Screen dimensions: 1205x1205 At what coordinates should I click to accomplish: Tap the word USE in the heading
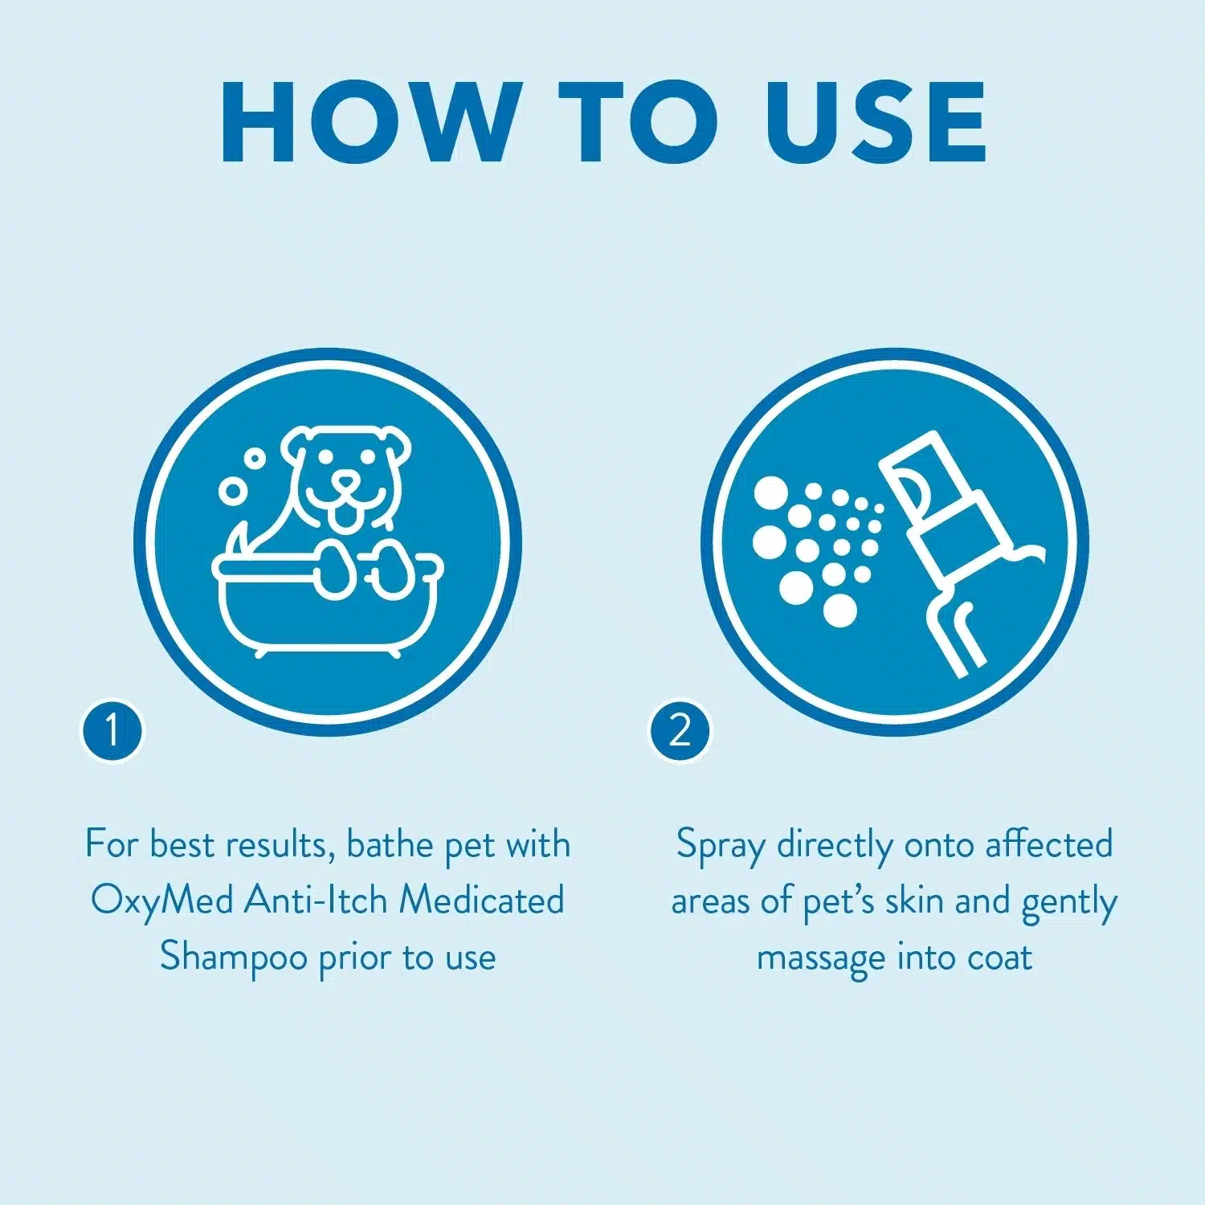[x=875, y=122]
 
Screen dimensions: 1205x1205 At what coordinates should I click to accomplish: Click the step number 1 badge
[x=112, y=731]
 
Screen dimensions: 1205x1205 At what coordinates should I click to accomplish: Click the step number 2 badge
[x=680, y=731]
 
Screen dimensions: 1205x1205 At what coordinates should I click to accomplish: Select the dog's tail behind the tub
[x=239, y=537]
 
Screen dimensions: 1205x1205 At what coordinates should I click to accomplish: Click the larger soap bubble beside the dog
[x=233, y=492]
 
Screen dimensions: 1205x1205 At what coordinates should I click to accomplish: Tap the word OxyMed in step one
[x=161, y=901]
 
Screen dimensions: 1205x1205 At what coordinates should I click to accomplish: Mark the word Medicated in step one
[x=482, y=901]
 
